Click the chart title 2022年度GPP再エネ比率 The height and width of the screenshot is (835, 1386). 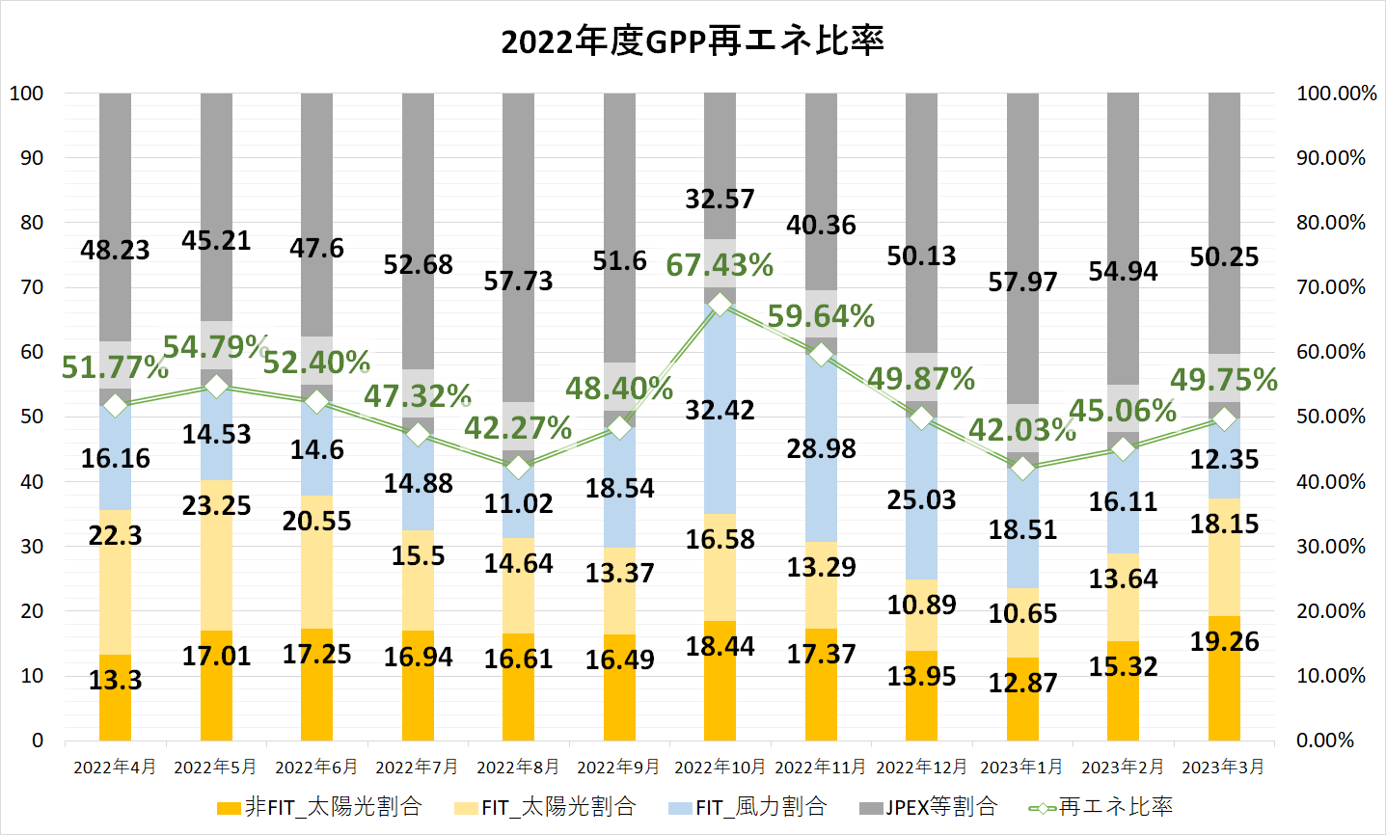[x=692, y=42]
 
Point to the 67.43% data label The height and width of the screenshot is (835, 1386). [x=720, y=265]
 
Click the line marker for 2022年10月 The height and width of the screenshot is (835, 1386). [x=720, y=305]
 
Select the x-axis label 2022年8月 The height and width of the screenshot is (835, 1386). [x=518, y=768]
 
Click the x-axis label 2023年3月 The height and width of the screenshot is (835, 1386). [x=1223, y=768]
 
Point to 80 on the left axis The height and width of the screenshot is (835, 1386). [x=32, y=223]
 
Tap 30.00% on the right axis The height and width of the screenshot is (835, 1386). [x=1331, y=547]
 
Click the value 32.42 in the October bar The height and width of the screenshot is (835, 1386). [x=720, y=410]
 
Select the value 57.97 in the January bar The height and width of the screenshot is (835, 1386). [x=1022, y=282]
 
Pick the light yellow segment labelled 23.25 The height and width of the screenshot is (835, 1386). [x=216, y=540]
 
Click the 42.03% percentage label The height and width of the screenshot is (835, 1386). [x=1020, y=429]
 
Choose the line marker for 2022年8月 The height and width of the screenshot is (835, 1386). [x=519, y=468]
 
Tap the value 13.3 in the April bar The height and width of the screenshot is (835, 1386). [x=115, y=681]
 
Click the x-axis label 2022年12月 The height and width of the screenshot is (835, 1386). [x=921, y=768]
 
